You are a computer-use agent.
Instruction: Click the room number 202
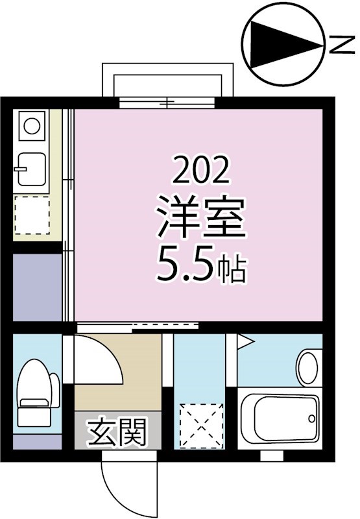(x=201, y=171)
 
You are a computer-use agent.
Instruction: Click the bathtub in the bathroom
(x=280, y=419)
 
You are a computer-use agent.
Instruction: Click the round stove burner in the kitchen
(x=30, y=123)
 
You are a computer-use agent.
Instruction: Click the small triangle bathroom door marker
(x=245, y=341)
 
